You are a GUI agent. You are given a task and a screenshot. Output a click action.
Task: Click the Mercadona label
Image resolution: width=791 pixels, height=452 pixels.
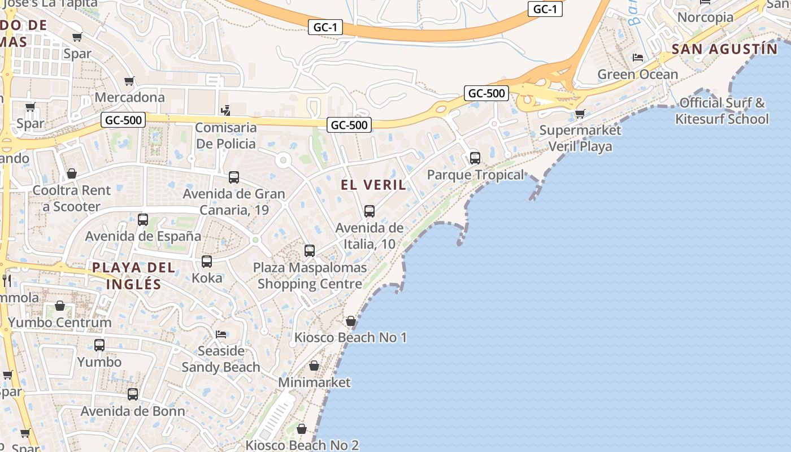pos(129,97)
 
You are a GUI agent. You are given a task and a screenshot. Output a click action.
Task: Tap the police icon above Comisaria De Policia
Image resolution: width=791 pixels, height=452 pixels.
pos(225,110)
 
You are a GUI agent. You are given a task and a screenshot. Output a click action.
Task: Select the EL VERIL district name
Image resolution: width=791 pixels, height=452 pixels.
pos(373,185)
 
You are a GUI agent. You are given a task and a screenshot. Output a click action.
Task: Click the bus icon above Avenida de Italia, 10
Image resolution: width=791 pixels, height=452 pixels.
pos(370,211)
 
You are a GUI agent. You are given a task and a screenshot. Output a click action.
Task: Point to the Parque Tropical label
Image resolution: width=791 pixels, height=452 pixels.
pos(475,175)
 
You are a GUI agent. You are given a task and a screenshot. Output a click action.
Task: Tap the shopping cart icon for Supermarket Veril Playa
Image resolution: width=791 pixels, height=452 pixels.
pos(580,114)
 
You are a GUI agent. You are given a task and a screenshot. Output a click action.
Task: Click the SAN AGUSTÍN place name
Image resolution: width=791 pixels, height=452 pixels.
pos(724,49)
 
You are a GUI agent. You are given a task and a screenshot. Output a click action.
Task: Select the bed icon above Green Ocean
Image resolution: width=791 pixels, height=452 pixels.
pos(638,58)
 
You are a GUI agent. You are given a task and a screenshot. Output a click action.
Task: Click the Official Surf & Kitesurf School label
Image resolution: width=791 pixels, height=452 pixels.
pos(722,111)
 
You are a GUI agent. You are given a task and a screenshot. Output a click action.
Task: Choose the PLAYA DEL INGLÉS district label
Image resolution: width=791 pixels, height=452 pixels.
pos(134,276)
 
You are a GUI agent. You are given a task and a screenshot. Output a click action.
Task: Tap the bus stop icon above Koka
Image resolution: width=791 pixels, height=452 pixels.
pos(207,262)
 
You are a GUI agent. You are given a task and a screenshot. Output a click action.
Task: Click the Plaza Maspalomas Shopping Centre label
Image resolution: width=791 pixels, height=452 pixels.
pos(310,276)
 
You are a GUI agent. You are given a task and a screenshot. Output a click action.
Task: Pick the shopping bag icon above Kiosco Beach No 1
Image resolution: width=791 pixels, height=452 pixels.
pos(351,321)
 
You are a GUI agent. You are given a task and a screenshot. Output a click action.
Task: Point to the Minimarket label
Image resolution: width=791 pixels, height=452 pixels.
pos(314,383)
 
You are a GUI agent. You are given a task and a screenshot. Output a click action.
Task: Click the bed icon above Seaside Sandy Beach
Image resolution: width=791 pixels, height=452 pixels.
pos(221,334)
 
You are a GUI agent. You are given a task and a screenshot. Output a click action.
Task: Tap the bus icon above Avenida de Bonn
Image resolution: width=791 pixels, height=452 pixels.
pos(133,394)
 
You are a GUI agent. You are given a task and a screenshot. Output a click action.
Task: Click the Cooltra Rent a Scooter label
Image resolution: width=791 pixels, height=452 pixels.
pos(72,198)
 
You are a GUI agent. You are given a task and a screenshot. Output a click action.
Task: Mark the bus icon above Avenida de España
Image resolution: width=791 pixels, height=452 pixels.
pos(143,220)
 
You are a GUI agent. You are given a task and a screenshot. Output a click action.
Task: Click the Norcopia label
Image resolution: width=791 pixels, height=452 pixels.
pos(705,18)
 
